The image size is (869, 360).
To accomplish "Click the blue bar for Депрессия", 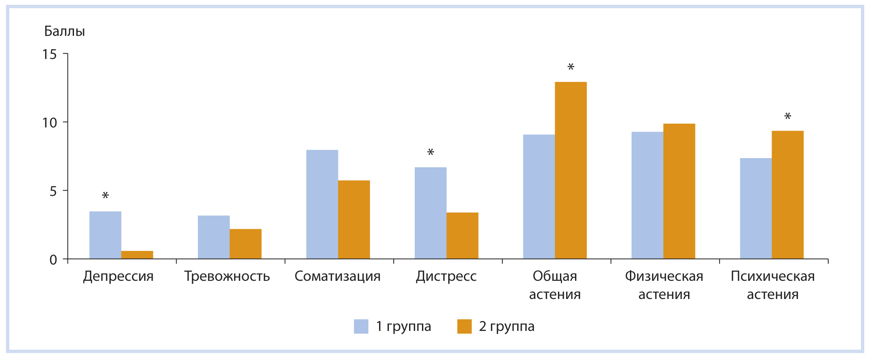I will point(105,235).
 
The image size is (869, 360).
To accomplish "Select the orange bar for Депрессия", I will point(137,255).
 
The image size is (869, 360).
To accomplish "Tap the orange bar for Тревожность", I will point(246,244).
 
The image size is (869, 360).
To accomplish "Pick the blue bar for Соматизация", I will point(322,204).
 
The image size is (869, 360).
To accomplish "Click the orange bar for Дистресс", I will point(462,236).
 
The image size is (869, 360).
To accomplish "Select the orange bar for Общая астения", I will point(571,171).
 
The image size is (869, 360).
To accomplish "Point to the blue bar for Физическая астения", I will point(647,196).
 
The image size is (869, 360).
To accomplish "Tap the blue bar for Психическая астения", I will point(756,208).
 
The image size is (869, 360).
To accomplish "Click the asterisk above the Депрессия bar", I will point(105,196).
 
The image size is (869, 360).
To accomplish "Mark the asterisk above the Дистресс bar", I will point(430,153).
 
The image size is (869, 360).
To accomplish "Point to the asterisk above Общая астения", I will point(571,67).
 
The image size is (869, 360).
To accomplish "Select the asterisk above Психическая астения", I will point(787,117).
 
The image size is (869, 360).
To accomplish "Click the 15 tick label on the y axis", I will point(50,54).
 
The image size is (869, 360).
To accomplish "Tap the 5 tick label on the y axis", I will point(53,191).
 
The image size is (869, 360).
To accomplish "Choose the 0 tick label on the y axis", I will point(53,260).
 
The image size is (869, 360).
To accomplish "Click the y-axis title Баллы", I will point(65,32).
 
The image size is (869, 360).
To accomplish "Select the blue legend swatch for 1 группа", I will point(361,326).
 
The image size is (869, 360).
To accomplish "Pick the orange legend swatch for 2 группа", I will point(464,326).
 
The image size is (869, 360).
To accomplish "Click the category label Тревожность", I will point(227,276).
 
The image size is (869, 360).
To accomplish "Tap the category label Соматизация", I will point(338,276).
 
